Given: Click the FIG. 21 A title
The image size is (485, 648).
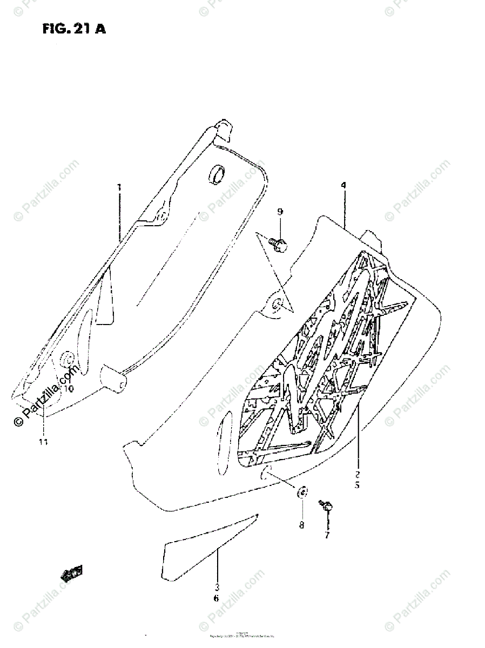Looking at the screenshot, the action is tap(74, 29).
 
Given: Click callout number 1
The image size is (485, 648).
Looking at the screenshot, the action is tap(119, 187).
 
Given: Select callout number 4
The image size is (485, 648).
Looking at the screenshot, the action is tap(343, 185).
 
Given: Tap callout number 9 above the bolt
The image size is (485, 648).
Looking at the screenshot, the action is tap(280, 212).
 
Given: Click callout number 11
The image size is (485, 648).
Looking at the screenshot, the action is tap(43, 442).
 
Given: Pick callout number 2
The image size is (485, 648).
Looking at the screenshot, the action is tap(357, 474).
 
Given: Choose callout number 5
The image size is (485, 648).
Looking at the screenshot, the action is tap(357, 485).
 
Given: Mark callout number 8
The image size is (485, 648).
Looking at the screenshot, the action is tap(301, 524).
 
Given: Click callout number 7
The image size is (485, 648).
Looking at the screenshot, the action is tap(327, 535).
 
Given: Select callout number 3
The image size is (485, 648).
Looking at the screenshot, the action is tap(217, 587).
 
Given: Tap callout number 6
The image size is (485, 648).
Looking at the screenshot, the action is tap(217, 598).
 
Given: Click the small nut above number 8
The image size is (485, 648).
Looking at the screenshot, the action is tap(302, 492).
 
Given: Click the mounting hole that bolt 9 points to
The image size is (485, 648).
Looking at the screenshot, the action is tap(278, 305).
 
